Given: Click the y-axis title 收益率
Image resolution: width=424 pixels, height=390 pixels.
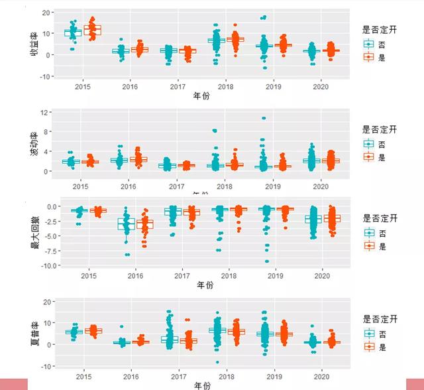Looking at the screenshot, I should (x=34, y=44).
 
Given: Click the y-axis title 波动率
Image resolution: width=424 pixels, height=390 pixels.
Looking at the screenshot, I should (x=34, y=143).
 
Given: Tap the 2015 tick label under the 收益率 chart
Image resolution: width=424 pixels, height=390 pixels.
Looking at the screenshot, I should (x=83, y=87).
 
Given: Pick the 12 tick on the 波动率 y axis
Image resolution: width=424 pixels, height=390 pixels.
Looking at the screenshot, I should (x=48, y=113).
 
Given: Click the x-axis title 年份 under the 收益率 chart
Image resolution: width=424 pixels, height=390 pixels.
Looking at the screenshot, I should (x=201, y=97).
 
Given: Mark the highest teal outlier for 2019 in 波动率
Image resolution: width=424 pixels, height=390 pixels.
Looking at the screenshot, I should (x=263, y=119).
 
